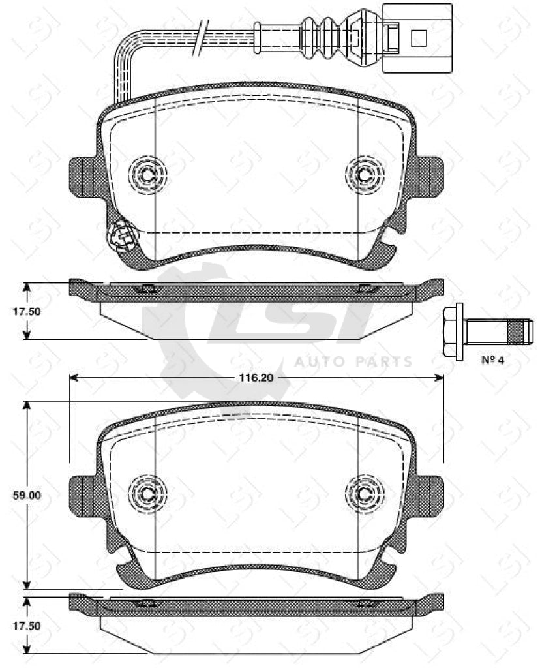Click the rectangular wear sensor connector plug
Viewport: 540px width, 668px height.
417,37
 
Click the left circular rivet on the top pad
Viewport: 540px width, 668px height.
147,174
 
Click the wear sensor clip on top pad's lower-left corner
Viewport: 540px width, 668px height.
123,235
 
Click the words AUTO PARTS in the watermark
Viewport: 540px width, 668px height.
353,361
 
